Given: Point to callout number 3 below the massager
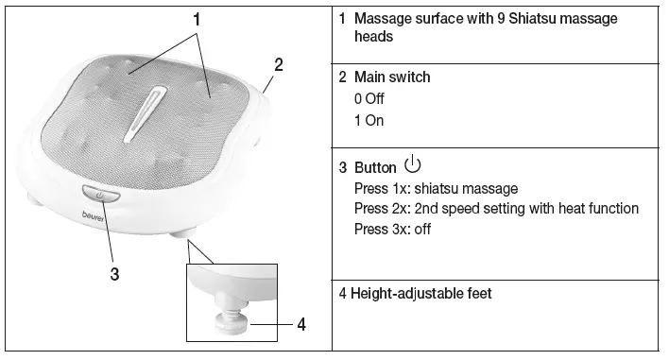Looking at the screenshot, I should click(114, 274).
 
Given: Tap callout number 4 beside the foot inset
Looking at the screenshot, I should click(300, 324).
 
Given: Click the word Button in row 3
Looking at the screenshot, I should click(375, 168).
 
